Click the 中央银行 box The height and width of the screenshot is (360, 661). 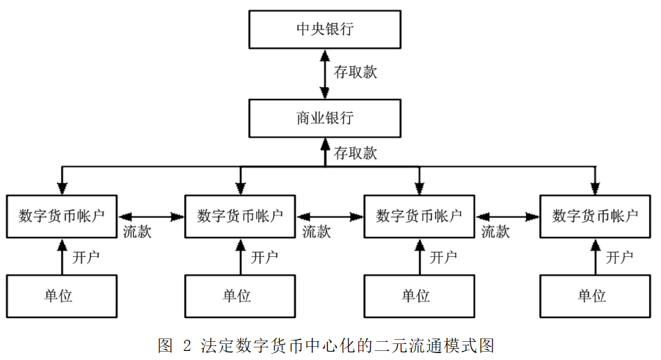coord(325,29)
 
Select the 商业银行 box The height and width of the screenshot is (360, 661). coord(325,118)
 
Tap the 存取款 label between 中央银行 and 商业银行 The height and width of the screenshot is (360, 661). coord(356,72)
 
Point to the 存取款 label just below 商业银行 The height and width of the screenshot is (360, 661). coord(356,153)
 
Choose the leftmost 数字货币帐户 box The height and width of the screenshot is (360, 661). coord(62,216)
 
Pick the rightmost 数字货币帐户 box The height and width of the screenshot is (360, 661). coord(595,216)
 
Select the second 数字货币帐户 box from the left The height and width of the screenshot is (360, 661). coord(240,216)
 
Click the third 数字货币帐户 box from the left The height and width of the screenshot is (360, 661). coord(419,216)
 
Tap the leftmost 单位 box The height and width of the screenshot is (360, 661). coord(62,296)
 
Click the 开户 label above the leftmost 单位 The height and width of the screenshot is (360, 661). coord(86,258)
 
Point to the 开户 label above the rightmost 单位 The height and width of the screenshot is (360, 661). coord(619,258)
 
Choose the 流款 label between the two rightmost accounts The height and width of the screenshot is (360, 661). coord(495,232)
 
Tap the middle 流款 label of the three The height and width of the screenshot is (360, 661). coord(317,232)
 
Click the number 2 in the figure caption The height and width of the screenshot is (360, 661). coord(186,345)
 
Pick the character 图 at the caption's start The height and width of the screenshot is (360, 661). coord(165,345)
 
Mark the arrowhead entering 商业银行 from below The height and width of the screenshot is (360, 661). coord(325,143)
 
